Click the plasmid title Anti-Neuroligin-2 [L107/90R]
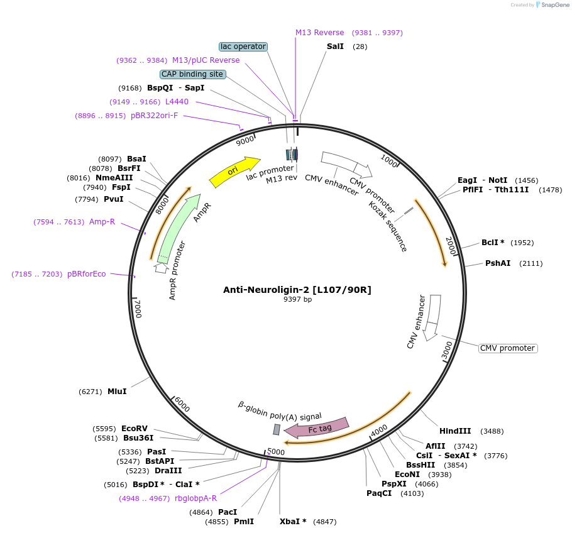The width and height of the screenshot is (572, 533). (x=297, y=290)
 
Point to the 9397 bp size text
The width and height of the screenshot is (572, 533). (x=297, y=299)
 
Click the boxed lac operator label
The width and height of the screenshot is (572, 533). (x=243, y=47)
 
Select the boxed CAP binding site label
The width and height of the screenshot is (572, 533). (x=192, y=74)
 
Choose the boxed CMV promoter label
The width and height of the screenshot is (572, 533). (x=508, y=348)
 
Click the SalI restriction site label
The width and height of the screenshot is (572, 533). (x=335, y=47)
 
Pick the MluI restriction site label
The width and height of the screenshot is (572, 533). (x=117, y=392)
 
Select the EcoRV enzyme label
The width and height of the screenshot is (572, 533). (x=135, y=429)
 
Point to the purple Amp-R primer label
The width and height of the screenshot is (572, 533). (x=102, y=222)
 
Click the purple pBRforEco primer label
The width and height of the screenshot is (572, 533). (x=87, y=274)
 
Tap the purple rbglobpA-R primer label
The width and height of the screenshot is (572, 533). (x=195, y=498)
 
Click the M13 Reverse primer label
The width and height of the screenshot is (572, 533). (x=320, y=33)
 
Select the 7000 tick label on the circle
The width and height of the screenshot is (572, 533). (x=138, y=309)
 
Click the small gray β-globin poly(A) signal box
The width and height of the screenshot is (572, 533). (x=277, y=429)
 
